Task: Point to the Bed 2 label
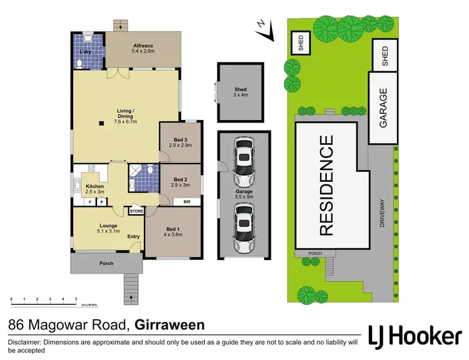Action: tap(180, 178)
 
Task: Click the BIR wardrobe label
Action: tap(186, 202)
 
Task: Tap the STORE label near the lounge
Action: tap(136, 211)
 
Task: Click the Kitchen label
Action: tap(94, 186)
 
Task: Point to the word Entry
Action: tap(134, 236)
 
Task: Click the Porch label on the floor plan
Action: tap(106, 263)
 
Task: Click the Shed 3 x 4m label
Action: tap(241, 92)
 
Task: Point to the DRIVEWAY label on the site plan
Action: tap(381, 216)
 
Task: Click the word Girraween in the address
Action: tap(169, 326)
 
